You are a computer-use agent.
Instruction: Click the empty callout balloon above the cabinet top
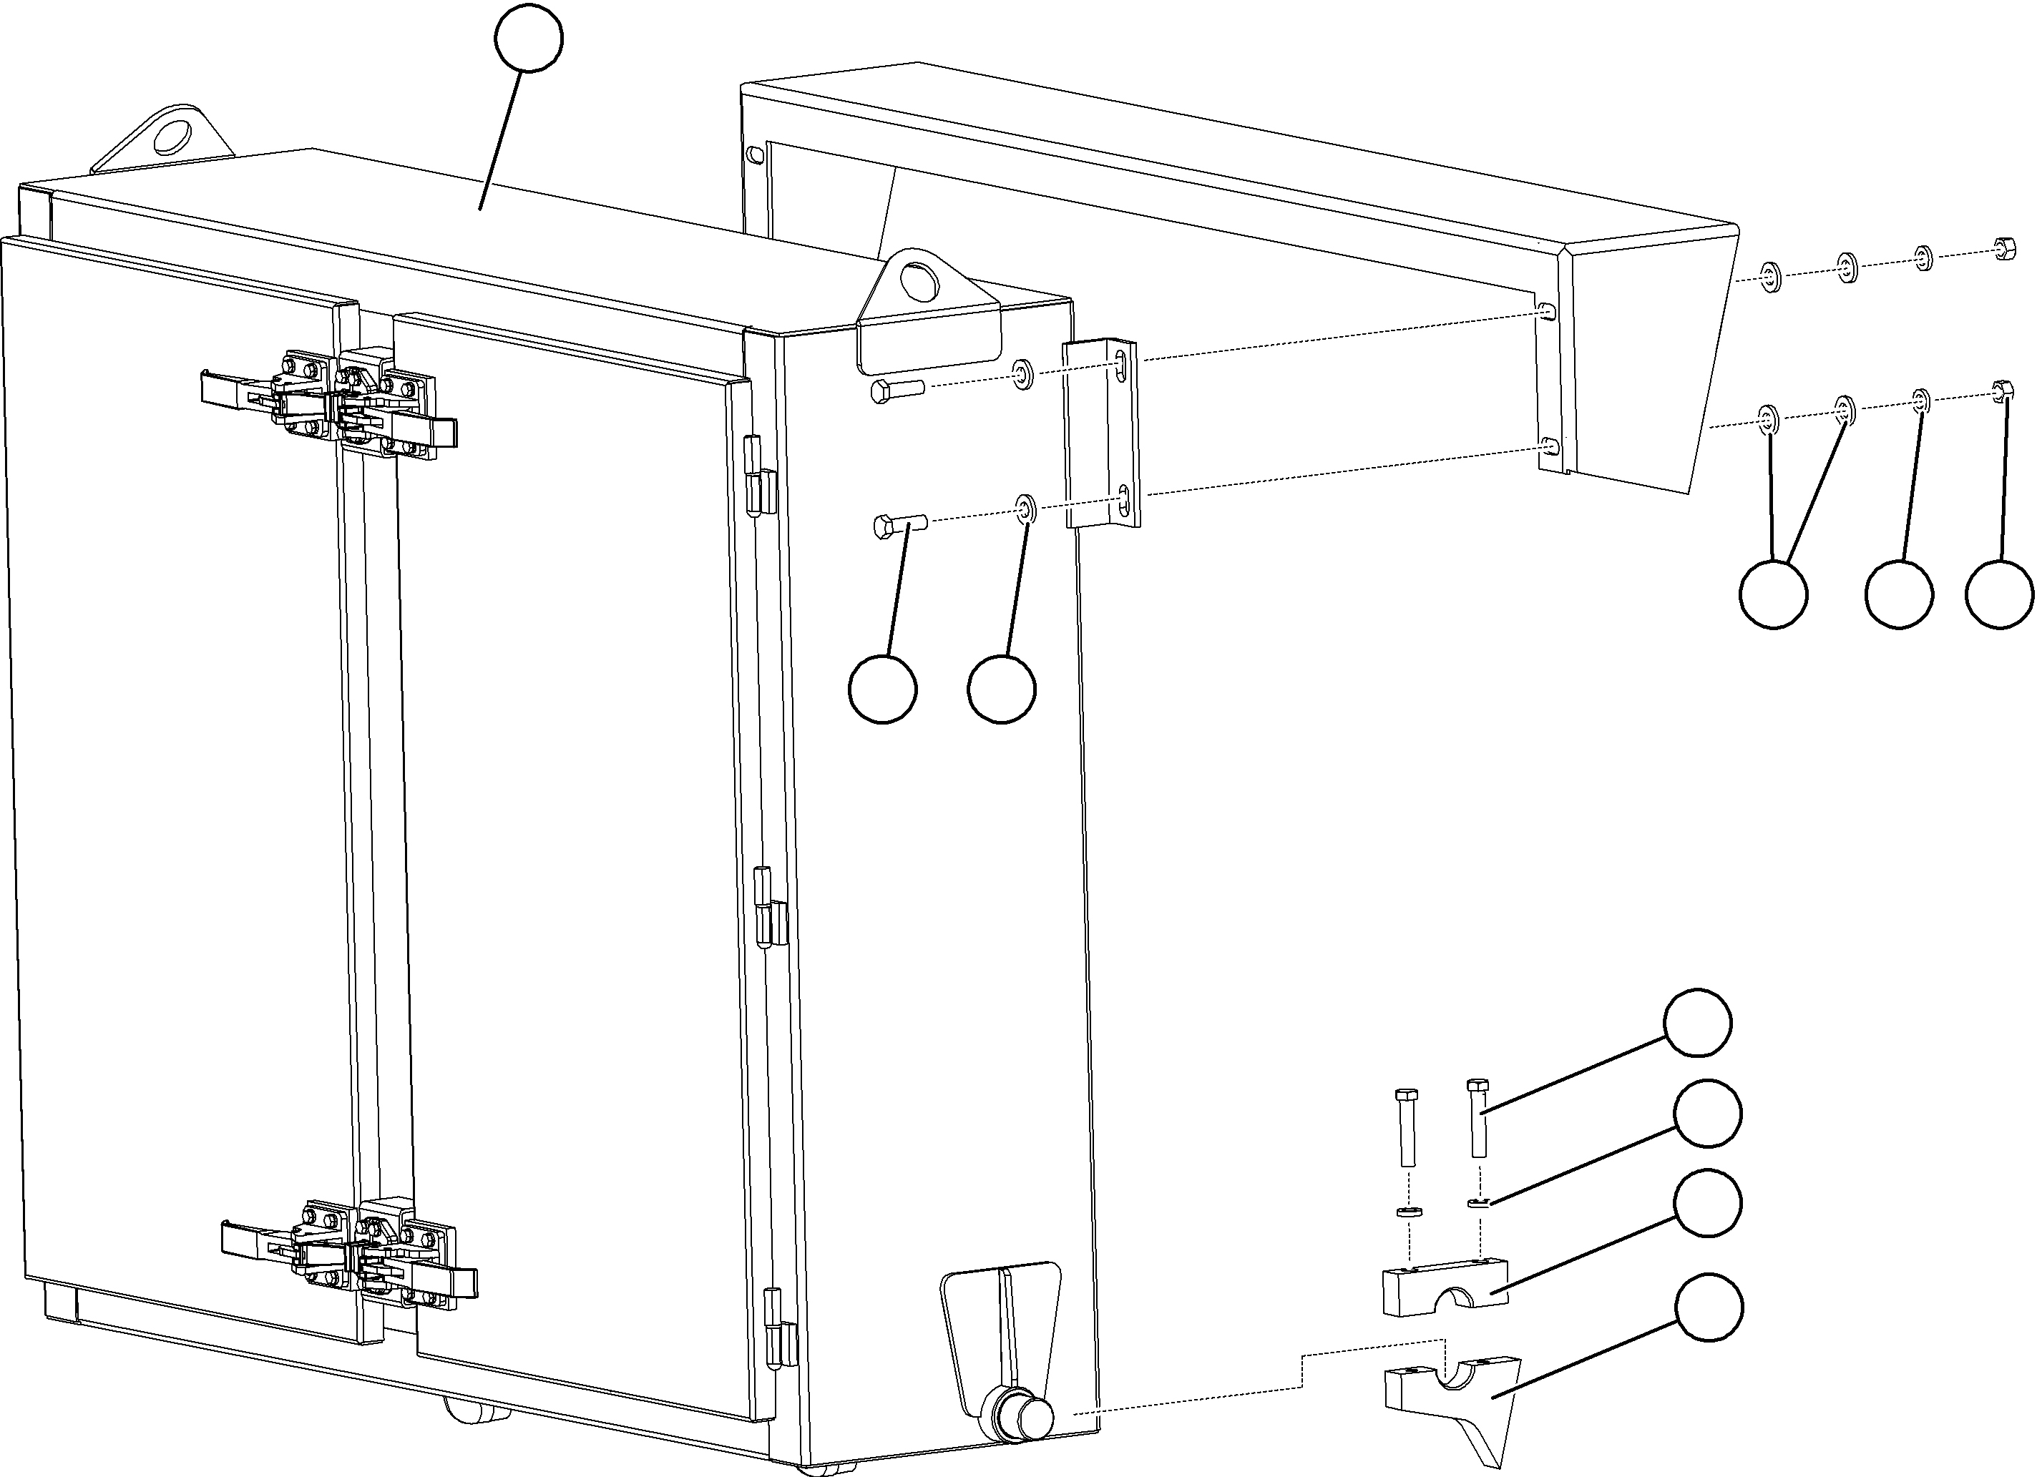point(529,39)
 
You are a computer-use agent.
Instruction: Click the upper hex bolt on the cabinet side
point(897,391)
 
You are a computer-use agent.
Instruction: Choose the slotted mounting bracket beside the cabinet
point(1102,433)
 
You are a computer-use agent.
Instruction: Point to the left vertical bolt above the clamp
point(1407,1127)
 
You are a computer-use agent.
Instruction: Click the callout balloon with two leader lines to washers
point(1773,594)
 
